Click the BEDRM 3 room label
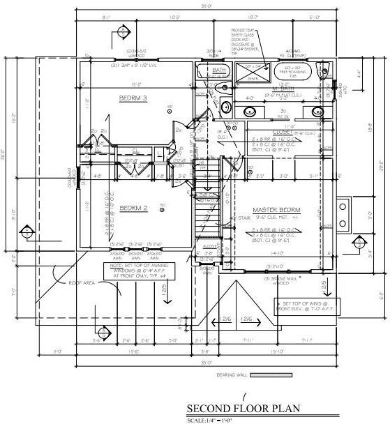(x=133, y=98)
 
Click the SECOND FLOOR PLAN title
(x=232, y=409)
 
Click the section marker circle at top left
(x=123, y=31)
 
